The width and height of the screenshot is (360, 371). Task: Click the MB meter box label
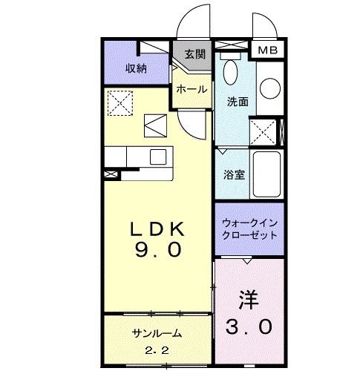click(x=268, y=50)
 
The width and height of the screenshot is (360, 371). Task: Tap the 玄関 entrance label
click(x=195, y=54)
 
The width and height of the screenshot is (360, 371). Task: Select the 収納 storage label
click(x=136, y=68)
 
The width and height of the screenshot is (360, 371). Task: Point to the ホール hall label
click(x=192, y=89)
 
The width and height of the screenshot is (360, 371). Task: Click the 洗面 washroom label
click(x=238, y=102)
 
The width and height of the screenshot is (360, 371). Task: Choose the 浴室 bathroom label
click(x=234, y=175)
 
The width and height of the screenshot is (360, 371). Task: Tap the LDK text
click(x=157, y=229)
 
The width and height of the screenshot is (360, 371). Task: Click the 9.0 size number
click(x=158, y=249)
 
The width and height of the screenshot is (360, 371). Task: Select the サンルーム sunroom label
click(x=157, y=334)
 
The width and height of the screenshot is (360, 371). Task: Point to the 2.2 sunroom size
click(x=157, y=350)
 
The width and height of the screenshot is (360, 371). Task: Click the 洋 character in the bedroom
click(x=249, y=300)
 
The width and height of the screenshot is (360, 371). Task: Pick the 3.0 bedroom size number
click(x=249, y=326)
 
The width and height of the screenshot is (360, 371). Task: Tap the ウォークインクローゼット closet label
click(x=249, y=229)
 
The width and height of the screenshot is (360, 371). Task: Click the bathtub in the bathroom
click(x=266, y=174)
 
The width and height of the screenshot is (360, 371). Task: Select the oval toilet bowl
click(x=230, y=72)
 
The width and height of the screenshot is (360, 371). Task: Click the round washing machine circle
click(x=270, y=88)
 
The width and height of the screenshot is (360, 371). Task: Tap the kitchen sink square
click(x=158, y=157)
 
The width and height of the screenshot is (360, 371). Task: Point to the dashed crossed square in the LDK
click(x=120, y=103)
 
